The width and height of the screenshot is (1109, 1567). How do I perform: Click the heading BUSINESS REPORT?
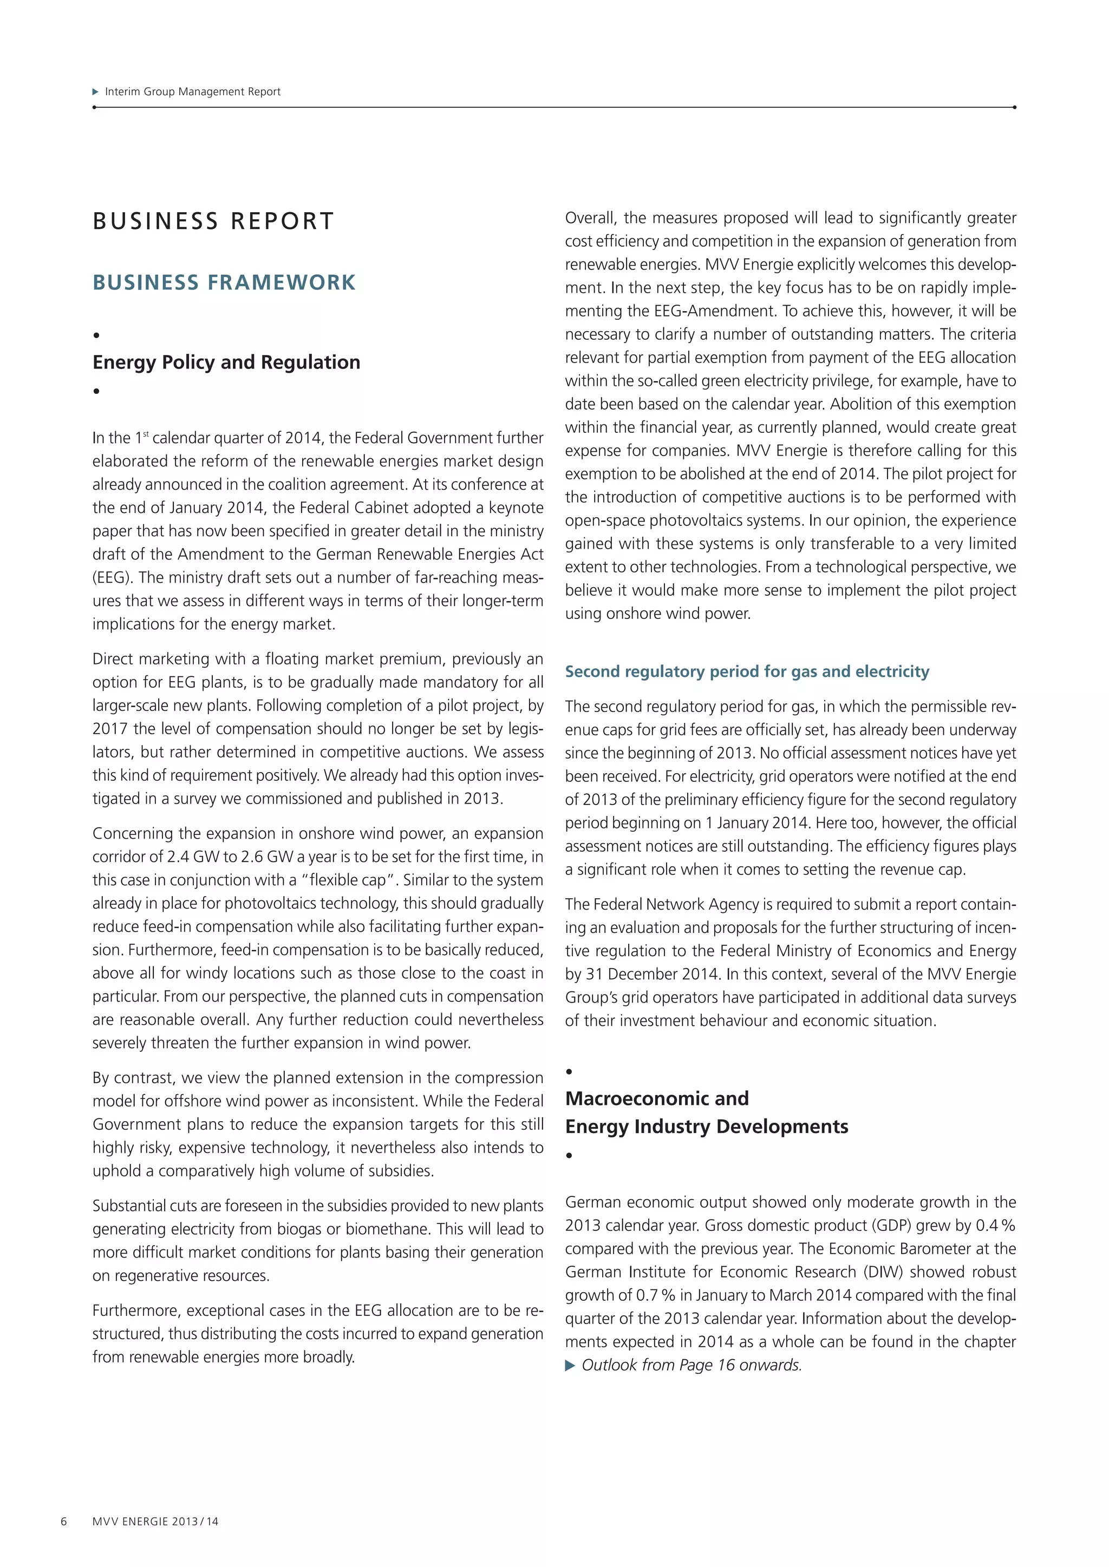213,221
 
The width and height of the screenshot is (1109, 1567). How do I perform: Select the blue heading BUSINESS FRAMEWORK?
224,282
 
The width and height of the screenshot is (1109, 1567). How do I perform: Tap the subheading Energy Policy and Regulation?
226,362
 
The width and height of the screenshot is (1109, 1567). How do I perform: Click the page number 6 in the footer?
63,1521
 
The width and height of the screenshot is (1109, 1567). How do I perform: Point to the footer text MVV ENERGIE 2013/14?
156,1521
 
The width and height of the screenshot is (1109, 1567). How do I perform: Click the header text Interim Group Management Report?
193,91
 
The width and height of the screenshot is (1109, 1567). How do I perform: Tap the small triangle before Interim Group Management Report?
96,91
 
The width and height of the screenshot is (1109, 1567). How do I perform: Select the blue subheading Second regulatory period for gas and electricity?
746,671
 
